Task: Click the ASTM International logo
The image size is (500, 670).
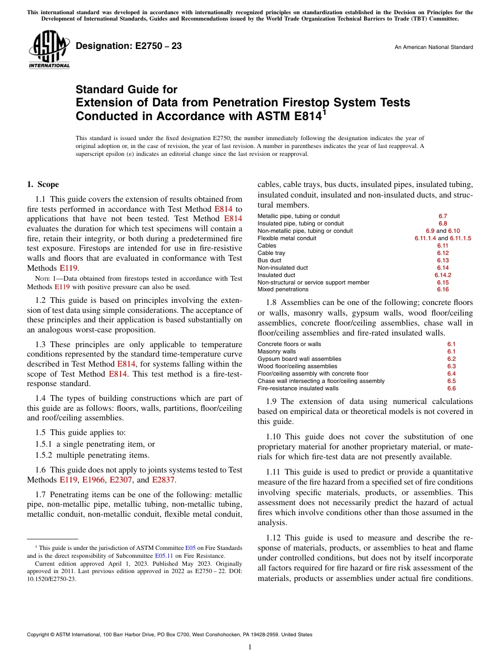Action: pos(49,50)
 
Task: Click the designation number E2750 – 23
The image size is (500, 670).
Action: pos(129,46)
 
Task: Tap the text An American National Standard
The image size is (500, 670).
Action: pos(434,47)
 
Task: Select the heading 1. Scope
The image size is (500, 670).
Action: pos(43,184)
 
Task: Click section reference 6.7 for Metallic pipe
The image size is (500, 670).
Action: pos(443,216)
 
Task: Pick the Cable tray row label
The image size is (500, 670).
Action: pos(272,253)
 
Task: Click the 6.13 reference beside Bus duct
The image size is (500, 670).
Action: pos(443,260)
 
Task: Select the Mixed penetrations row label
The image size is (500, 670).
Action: pos(283,289)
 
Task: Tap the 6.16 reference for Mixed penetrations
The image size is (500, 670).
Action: pos(443,289)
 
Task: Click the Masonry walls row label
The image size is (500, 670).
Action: pos(277,351)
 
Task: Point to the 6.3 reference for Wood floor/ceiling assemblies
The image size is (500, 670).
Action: pos(451,366)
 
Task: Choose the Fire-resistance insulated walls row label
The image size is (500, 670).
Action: pos(298,388)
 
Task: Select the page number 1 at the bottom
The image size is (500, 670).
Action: pos(250,647)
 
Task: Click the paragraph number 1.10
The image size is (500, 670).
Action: pos(274,437)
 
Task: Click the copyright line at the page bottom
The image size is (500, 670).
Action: pos(169,635)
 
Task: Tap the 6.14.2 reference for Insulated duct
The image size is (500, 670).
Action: pos(443,275)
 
